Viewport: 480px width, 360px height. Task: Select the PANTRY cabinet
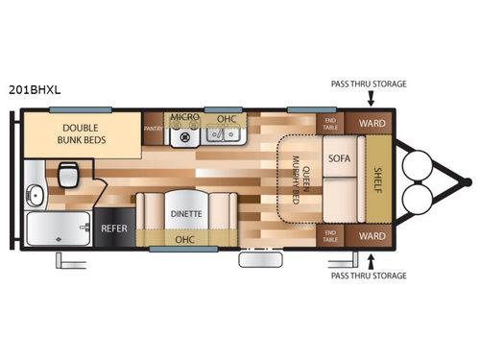tap(152, 127)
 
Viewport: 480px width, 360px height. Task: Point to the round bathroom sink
tap(36, 196)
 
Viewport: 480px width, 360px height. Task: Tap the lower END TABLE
tap(331, 234)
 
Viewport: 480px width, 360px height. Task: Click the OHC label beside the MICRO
tap(227, 118)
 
